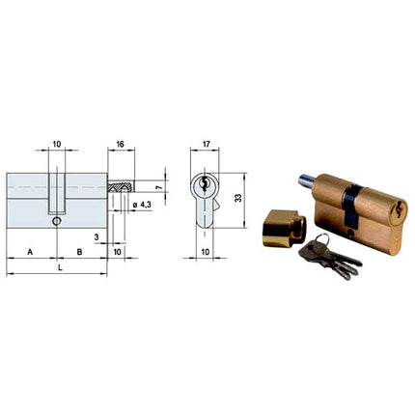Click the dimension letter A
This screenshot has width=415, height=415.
(x=31, y=251)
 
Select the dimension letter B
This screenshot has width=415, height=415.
(x=80, y=251)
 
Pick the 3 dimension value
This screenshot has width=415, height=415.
(x=97, y=235)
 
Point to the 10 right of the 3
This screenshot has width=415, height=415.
(x=117, y=251)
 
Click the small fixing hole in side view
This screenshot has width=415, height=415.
(x=57, y=221)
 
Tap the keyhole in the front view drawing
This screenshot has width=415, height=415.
(x=206, y=185)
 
